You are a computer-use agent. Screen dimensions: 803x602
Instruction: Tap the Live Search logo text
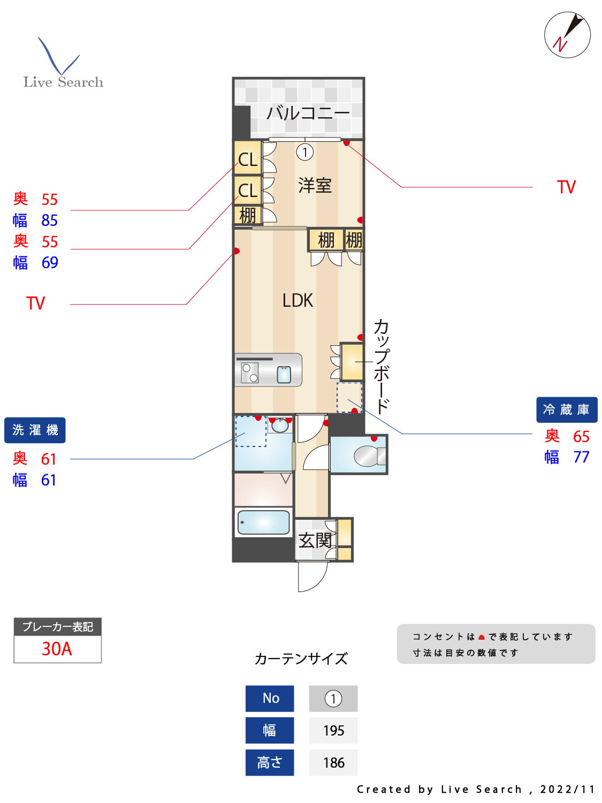click(63, 82)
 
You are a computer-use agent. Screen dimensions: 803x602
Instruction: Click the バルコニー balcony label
click(308, 113)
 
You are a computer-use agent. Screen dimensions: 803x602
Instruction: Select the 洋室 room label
click(315, 186)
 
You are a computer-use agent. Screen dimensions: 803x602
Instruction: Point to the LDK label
click(298, 300)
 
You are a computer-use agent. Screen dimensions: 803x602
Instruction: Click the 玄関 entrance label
click(315, 540)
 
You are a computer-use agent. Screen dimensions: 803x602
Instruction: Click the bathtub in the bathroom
click(263, 522)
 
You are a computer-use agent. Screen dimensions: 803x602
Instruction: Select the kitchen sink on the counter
click(284, 375)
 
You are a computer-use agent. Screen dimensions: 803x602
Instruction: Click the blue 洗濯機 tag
click(35, 430)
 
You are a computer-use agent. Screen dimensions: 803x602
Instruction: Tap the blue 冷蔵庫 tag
click(566, 410)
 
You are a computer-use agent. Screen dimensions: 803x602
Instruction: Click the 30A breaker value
click(57, 649)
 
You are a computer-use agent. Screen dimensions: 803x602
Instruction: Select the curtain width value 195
click(333, 731)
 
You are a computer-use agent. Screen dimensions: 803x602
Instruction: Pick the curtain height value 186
click(333, 763)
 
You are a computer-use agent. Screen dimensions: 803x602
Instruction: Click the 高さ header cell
click(270, 763)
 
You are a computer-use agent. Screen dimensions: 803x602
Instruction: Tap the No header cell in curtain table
click(270, 699)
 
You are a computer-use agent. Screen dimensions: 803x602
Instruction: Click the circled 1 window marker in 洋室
click(305, 153)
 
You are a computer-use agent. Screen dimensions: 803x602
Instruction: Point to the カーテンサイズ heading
click(301, 658)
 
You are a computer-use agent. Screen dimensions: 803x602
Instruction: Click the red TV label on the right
click(566, 187)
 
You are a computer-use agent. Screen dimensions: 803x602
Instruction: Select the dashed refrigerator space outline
click(349, 397)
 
